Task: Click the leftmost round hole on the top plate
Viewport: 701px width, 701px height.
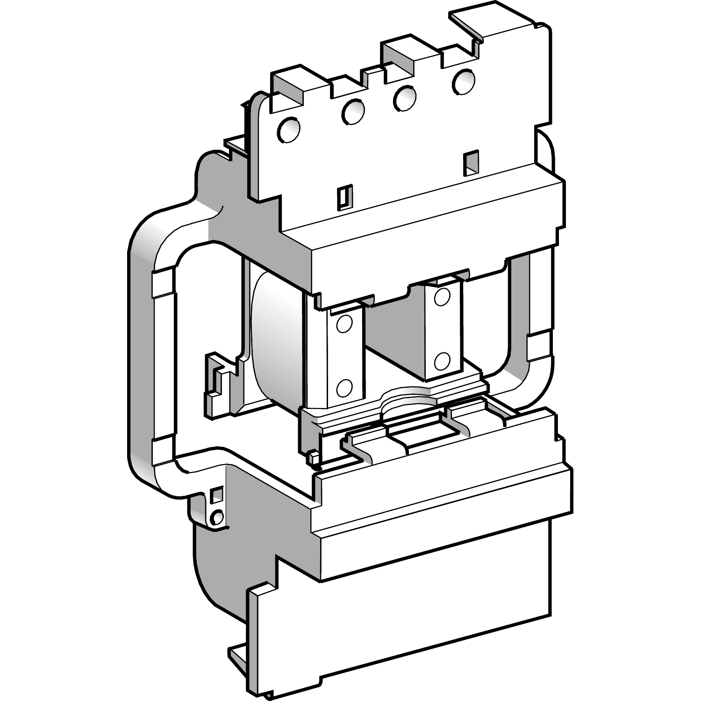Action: click(x=288, y=129)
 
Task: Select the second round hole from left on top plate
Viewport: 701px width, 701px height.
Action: click(x=353, y=112)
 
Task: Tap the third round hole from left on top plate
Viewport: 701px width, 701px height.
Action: click(x=405, y=97)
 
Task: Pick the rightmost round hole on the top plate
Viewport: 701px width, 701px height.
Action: click(x=463, y=80)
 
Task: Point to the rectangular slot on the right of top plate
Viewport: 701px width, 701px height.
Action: click(x=471, y=163)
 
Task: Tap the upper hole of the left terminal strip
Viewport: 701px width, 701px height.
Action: click(x=344, y=323)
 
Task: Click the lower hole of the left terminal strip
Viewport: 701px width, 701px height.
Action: click(x=344, y=386)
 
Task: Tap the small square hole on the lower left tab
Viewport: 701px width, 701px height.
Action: click(x=216, y=495)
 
